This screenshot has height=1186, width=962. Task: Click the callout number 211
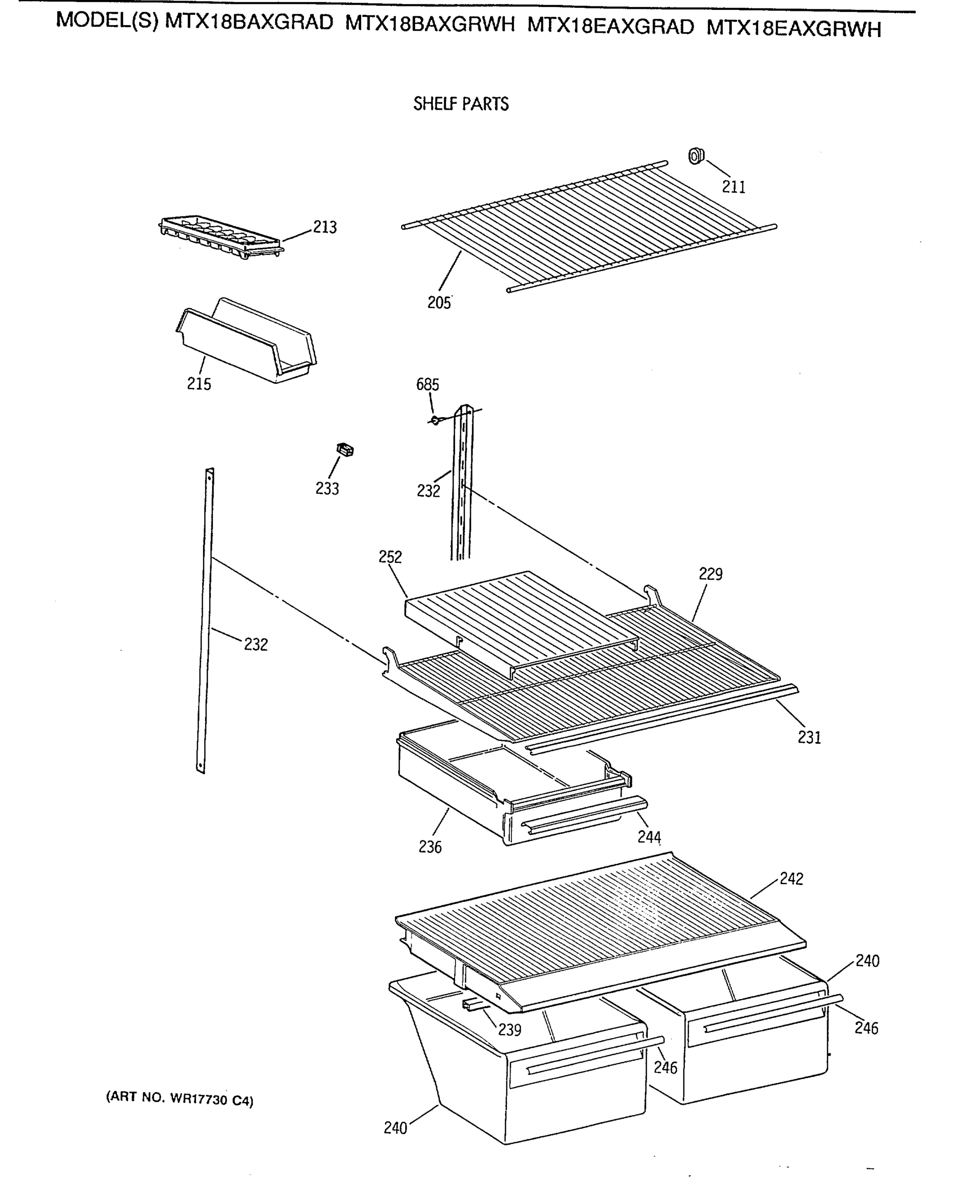tap(733, 187)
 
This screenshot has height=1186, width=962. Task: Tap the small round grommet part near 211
tap(696, 156)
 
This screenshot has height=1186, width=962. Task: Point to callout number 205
tap(439, 302)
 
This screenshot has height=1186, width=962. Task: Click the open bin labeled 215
tap(247, 341)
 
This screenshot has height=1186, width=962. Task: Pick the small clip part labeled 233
tap(345, 450)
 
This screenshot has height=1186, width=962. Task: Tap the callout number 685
tap(427, 384)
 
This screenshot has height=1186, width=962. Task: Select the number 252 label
tap(390, 557)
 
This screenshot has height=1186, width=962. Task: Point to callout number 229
tap(711, 574)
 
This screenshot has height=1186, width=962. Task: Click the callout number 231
tap(809, 738)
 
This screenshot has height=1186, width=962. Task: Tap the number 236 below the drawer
tap(430, 847)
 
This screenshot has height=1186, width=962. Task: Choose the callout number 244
tap(649, 837)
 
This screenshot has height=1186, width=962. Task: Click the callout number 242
tap(792, 879)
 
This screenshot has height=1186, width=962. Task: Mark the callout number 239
tap(509, 1030)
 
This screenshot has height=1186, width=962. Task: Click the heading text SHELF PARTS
tap(460, 104)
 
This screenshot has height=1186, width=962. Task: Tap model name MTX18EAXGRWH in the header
tap(794, 28)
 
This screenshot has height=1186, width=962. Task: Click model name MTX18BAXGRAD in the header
tap(250, 22)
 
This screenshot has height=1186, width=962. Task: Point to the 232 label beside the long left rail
tap(255, 644)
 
